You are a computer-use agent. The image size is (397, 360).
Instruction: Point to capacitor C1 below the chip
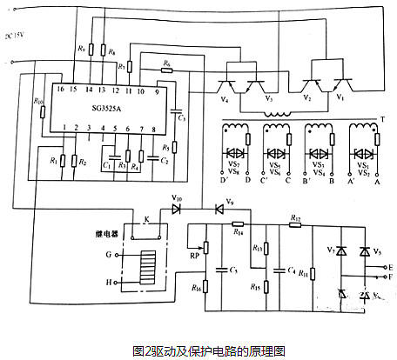(105, 163)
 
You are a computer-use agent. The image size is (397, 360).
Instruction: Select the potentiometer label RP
(193, 256)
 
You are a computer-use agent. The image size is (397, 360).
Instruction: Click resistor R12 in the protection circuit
(295, 217)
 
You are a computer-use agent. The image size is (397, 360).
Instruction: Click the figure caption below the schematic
(198, 350)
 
